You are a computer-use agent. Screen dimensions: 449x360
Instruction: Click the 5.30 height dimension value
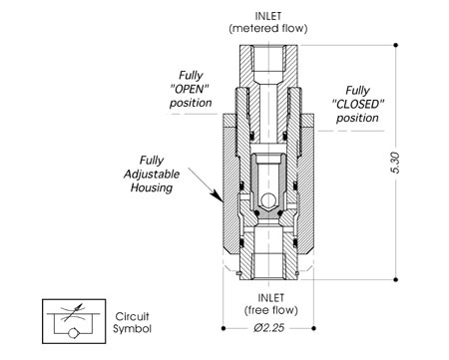coord(395,163)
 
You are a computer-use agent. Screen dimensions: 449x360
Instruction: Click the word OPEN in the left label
coord(190,89)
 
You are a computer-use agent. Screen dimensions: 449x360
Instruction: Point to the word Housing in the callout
coord(152,187)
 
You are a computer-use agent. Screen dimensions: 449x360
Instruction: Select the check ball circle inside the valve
coord(267,200)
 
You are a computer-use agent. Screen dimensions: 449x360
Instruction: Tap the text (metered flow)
coord(268,28)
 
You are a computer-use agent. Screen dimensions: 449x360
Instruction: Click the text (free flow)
coord(271,310)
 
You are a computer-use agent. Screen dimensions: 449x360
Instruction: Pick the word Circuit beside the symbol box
coord(132,316)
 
